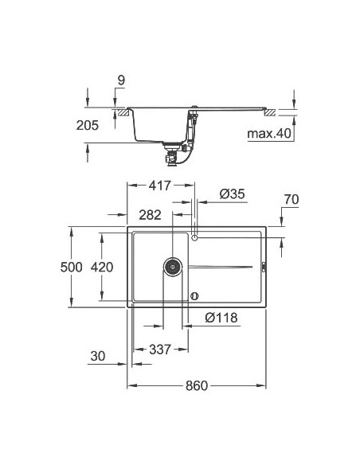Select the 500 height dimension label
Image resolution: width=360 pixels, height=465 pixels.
pyautogui.click(x=72, y=267)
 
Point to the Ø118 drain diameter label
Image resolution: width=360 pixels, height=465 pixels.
pyautogui.click(x=220, y=317)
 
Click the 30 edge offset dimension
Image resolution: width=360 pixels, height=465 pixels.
pyautogui.click(x=98, y=356)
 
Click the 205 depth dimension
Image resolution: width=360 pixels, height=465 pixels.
pyautogui.click(x=88, y=125)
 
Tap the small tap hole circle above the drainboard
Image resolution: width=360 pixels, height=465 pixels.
pyautogui.click(x=195, y=236)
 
